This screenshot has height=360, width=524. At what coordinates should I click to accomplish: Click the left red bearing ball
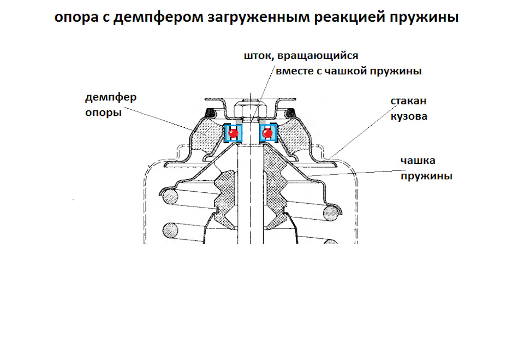coord(234,133)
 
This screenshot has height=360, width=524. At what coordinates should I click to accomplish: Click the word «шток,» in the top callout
coord(258,56)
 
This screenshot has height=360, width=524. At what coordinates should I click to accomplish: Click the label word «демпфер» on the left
coord(110,98)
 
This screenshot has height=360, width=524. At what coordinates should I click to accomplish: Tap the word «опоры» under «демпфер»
coord(104,113)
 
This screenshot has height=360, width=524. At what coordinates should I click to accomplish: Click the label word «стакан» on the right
coord(408,102)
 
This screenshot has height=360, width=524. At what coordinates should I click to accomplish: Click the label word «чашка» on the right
coord(418,161)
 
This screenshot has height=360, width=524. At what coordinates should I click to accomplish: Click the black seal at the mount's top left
coord(210,113)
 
